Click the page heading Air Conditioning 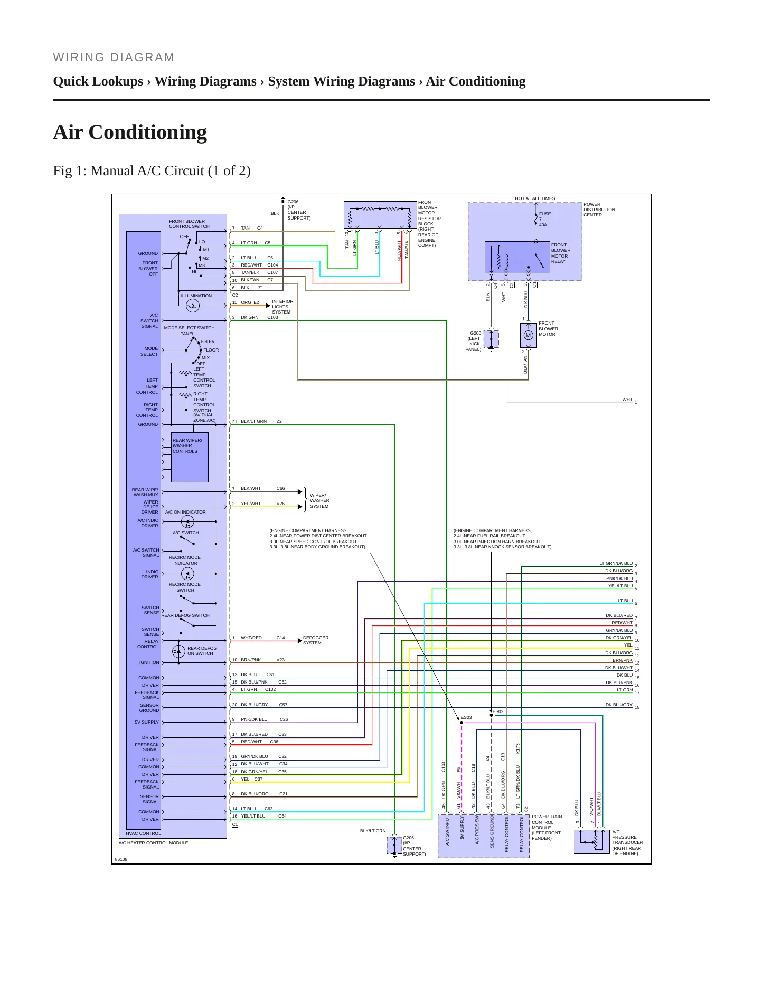point(130,132)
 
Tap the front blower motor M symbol point(528,335)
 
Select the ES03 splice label point(466,717)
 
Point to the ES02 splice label point(498,711)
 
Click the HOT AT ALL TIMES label point(535,198)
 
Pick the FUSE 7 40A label point(544,219)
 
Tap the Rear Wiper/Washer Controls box point(190,457)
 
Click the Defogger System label point(316,640)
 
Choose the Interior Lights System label point(282,307)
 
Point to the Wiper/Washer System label point(319,500)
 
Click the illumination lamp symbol point(193,305)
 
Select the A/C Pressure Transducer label point(627,842)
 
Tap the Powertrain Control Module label point(547,827)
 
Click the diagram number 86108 point(121,859)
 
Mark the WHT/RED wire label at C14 point(251,638)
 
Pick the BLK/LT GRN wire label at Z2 point(254,421)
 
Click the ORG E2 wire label point(250,302)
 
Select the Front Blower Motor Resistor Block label point(429,224)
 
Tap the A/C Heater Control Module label point(153,843)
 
